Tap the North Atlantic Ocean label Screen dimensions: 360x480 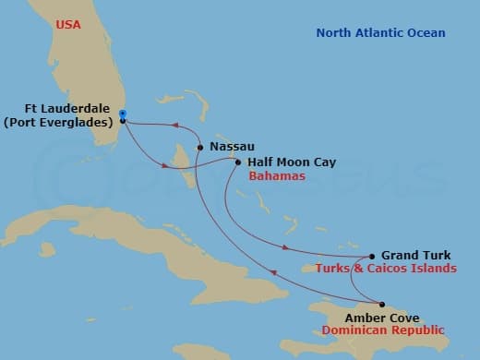(x=380, y=33)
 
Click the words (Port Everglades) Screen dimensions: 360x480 (x=63, y=120)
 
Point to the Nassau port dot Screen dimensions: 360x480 (x=199, y=146)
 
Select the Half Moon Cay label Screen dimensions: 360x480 (x=291, y=162)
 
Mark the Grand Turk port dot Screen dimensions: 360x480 (x=371, y=257)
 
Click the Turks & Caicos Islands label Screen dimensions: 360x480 (x=386, y=269)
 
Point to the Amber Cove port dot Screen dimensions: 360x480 (x=382, y=304)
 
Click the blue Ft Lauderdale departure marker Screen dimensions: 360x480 (x=122, y=114)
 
